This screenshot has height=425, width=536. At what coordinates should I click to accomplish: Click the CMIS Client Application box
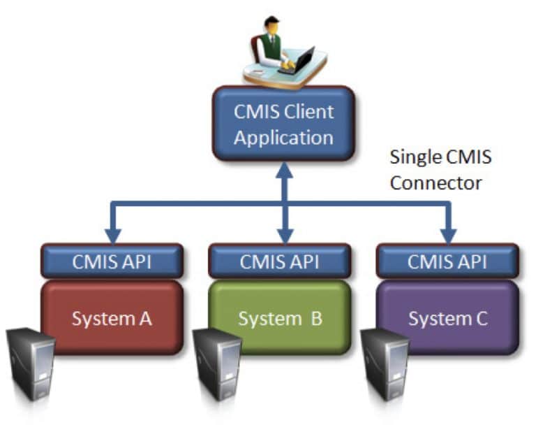coord(283,124)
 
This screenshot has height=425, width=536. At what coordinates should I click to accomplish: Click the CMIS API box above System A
coord(112,262)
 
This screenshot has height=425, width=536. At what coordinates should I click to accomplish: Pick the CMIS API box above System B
coord(280,262)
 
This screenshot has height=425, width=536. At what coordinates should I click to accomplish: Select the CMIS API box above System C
coord(448,262)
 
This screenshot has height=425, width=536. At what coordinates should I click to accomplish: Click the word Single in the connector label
coord(412,157)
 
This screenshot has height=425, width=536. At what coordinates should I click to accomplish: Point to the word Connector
coord(435,183)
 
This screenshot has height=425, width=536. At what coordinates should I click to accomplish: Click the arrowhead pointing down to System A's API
coord(112,234)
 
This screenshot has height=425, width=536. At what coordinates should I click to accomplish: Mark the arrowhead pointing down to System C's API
coord(448,234)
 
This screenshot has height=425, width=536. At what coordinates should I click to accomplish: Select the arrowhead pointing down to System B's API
coord(283,234)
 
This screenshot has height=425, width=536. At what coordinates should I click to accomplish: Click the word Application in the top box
coord(283,137)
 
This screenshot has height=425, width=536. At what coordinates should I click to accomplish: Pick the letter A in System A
coord(144,319)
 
